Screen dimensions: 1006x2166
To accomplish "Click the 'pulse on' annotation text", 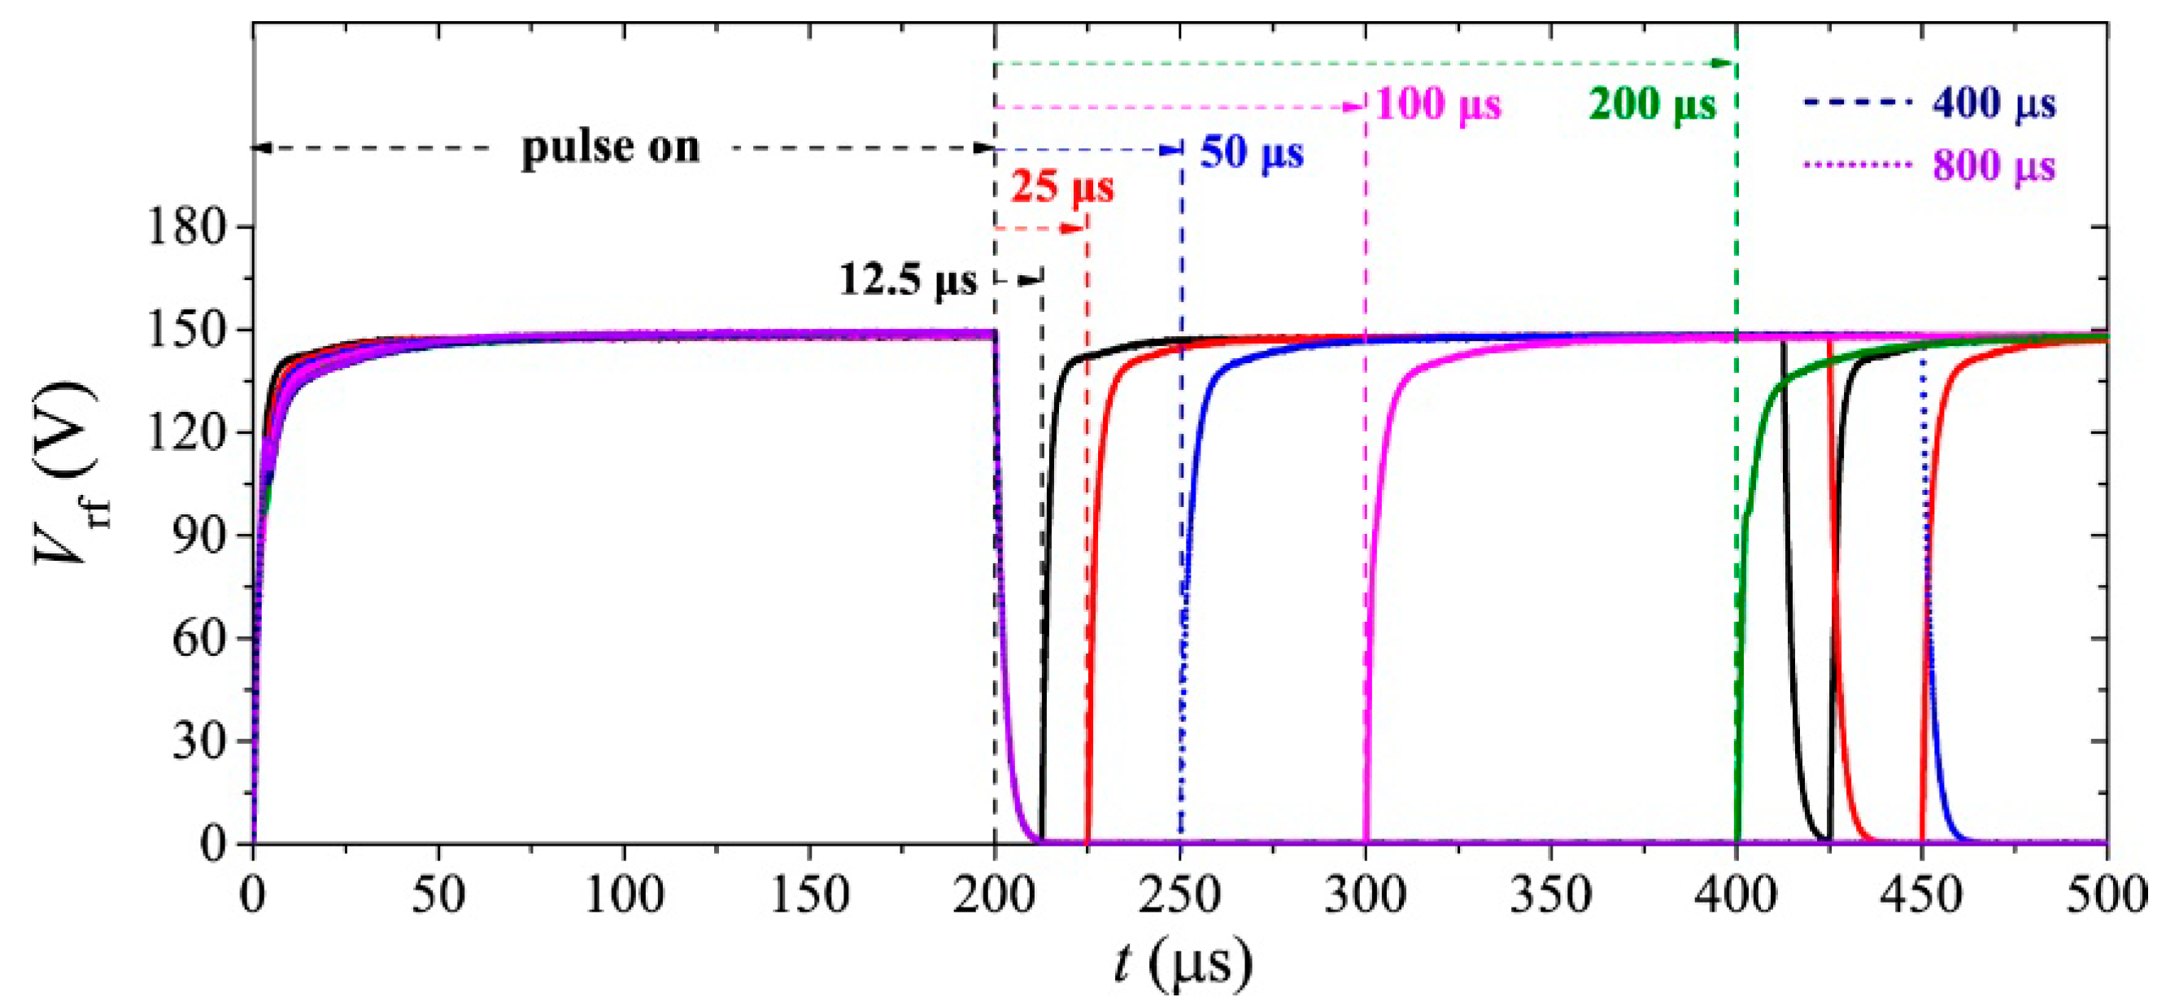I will pyautogui.click(x=611, y=148).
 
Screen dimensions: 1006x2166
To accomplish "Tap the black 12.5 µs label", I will pyautogui.click(x=908, y=279).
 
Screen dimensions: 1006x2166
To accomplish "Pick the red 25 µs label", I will pyautogui.click(x=1061, y=186).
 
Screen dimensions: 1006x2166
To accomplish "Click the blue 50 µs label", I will pyautogui.click(x=1251, y=153).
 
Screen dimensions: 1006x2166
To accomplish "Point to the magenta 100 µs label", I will pyautogui.click(x=1438, y=105).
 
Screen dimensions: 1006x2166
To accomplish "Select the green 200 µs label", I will pyautogui.click(x=1651, y=105).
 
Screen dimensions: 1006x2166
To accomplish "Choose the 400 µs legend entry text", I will pyautogui.click(x=1994, y=103).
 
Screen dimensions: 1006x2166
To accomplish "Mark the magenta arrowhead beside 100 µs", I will pyautogui.click(x=1353, y=107).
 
